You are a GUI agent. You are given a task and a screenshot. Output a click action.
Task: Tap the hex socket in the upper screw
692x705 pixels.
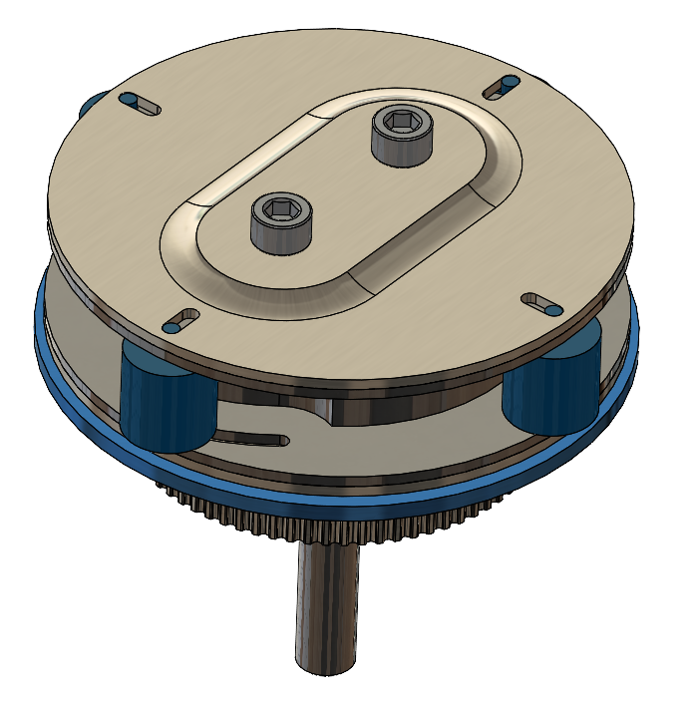[401, 122]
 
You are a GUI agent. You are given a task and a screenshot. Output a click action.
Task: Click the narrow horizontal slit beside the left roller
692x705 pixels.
[249, 435]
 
